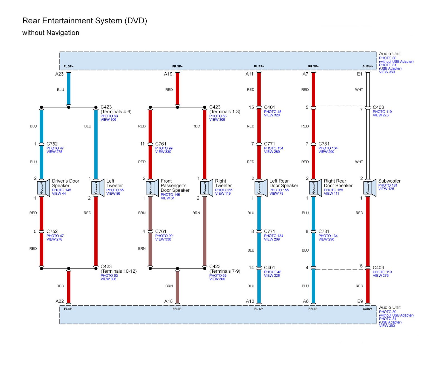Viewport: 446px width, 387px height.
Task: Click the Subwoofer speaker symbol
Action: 370,188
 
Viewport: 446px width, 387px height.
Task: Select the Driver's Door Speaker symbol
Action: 43,188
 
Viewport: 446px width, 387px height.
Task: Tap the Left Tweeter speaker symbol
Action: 98,188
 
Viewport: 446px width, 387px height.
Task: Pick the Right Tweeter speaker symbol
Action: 206,188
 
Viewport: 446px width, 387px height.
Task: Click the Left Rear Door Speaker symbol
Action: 261,188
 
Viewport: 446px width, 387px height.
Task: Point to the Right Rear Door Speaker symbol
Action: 315,188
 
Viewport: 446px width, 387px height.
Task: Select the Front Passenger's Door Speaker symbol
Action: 152,188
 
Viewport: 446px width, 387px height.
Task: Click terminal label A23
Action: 59,74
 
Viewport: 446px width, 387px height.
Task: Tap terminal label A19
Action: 168,74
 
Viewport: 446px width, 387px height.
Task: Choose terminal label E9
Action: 360,301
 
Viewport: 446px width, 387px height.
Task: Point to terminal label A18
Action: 168,301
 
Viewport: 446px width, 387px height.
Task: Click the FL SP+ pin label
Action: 69,66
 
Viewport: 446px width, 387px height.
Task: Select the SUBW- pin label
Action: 368,309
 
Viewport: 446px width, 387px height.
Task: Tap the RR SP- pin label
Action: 313,309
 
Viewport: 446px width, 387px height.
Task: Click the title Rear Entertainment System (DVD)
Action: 84,21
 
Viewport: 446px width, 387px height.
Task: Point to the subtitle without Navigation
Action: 51,33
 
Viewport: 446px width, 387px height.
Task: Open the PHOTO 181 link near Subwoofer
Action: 388,185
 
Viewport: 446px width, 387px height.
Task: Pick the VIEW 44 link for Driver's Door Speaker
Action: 59,194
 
